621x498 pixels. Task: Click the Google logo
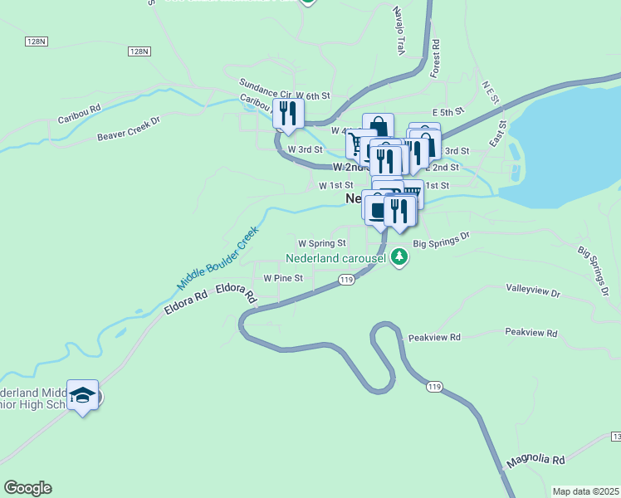pos(27,488)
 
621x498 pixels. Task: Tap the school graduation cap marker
pos(83,396)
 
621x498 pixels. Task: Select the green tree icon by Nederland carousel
pos(400,256)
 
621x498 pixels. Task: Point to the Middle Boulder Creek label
pos(213,259)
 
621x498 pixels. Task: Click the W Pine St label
pos(283,278)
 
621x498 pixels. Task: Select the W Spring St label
pos(322,243)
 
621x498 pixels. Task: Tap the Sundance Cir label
pos(265,84)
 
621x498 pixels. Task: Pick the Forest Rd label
pos(435,58)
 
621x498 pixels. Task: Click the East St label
pos(498,133)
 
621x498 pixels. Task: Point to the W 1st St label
pos(336,185)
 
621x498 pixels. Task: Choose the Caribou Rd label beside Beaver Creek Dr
pos(79,108)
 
